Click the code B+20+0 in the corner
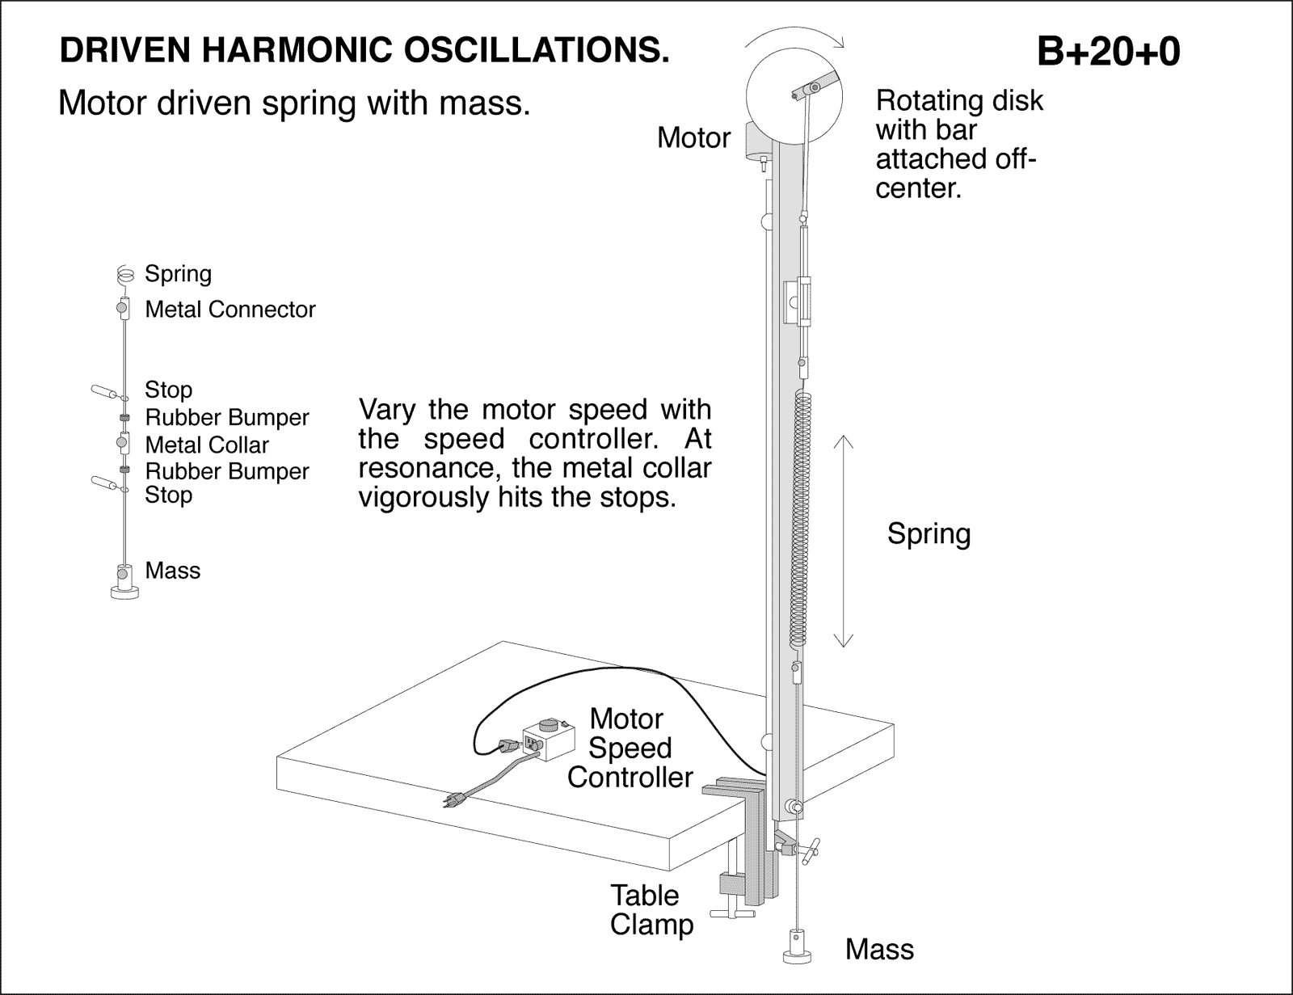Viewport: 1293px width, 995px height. coord(1108,53)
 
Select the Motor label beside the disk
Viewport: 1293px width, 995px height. coord(693,138)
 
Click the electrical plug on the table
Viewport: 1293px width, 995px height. coord(454,799)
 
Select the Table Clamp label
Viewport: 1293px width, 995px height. coord(651,909)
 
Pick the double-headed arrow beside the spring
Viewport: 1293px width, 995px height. coord(843,541)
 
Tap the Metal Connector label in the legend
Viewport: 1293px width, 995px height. coord(230,310)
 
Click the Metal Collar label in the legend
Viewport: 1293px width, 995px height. coord(207,445)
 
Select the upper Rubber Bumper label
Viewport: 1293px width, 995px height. coord(227,418)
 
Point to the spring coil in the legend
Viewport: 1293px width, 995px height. coord(124,275)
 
